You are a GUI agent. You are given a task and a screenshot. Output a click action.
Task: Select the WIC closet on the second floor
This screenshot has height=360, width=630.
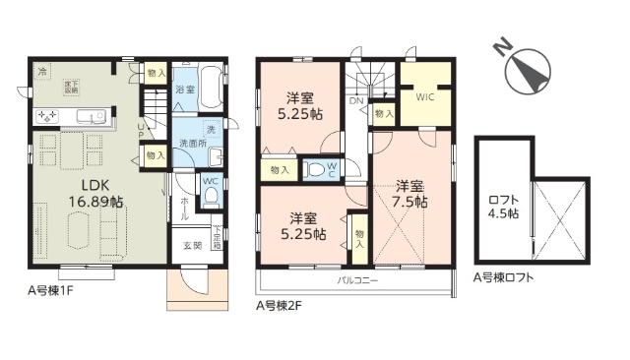425,98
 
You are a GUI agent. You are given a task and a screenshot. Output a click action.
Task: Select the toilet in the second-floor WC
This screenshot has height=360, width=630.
316,169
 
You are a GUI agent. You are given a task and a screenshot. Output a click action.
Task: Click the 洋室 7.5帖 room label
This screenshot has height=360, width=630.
412,193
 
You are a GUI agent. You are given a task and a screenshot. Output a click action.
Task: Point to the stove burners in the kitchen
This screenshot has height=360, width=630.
48,116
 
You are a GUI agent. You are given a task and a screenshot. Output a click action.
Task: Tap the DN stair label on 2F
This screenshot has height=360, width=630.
356,100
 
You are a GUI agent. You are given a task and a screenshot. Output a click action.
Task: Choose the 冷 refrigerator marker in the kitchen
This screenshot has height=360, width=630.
42,72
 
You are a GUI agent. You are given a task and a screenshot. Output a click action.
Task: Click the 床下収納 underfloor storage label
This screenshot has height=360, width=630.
72,88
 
